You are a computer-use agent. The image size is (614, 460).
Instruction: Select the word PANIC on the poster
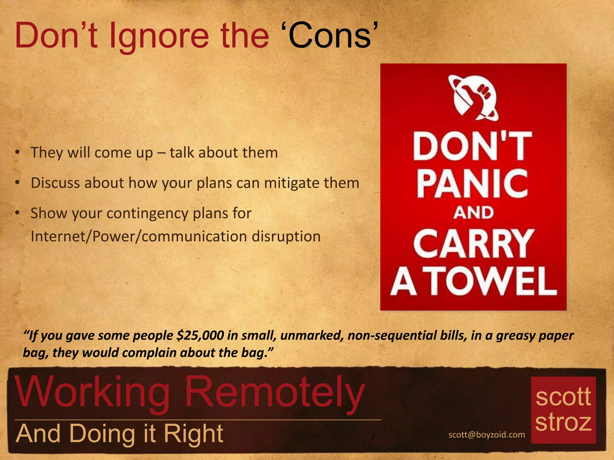coord(472,183)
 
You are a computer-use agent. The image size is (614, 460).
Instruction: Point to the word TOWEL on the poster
coord(492,282)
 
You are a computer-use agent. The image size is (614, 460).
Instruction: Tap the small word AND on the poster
coord(473,213)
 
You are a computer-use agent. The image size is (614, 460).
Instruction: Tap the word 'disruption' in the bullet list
coord(286,236)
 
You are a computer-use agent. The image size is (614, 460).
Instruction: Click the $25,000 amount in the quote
coord(200,335)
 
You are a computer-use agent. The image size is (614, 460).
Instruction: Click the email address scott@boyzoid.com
coord(487,435)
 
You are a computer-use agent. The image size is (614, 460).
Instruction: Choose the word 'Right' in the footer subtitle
coord(193,433)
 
